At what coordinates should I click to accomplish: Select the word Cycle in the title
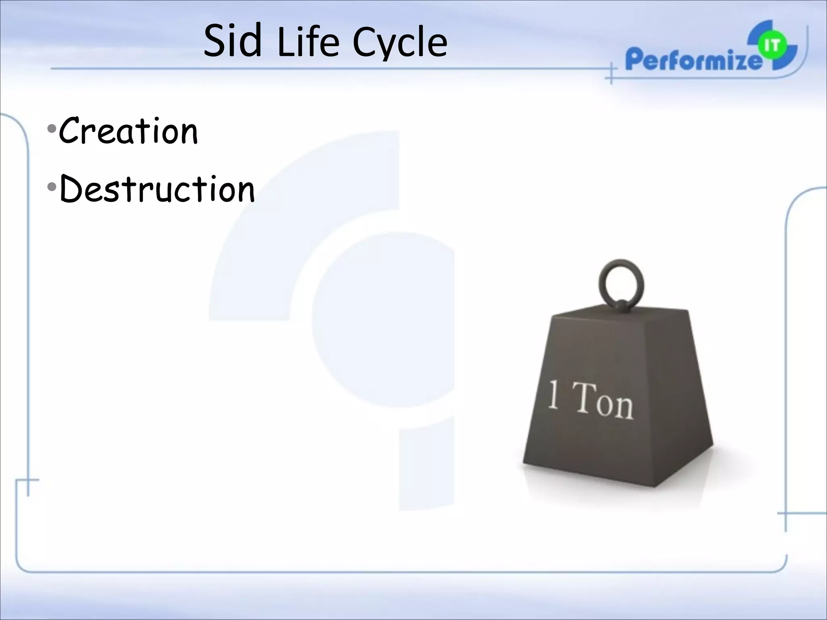(400, 44)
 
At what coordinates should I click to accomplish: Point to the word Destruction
(157, 189)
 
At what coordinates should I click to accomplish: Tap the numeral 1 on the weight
(554, 396)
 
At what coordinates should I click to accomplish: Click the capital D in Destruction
(72, 189)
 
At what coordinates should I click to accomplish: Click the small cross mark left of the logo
(611, 73)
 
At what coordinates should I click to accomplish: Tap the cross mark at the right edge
(786, 513)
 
